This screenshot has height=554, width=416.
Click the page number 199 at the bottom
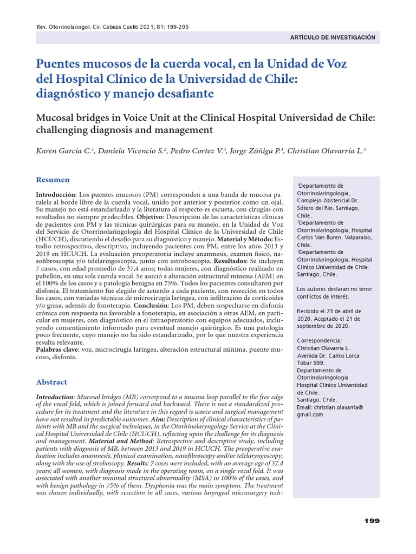click(372, 520)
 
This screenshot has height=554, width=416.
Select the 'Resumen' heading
click(53, 180)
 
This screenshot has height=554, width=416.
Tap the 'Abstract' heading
click(51, 381)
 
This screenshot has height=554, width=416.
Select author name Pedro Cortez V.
click(197, 151)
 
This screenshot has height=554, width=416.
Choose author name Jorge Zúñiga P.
click(256, 151)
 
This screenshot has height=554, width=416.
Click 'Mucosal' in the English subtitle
click(56, 118)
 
